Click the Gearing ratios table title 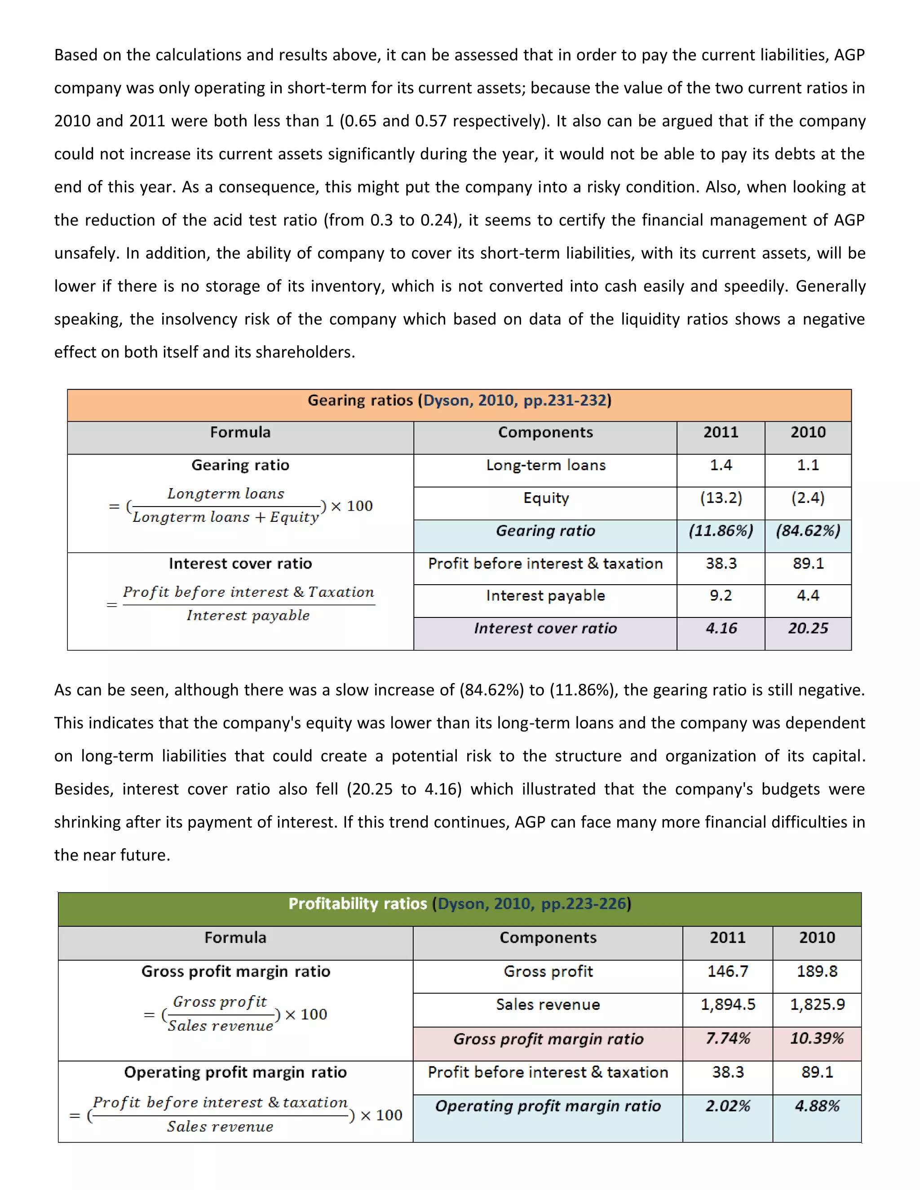click(459, 401)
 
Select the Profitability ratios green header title click(459, 904)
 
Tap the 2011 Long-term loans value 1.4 click(721, 465)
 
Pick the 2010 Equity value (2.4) click(808, 498)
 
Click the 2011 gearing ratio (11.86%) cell click(721, 531)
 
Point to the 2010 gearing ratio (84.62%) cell click(808, 531)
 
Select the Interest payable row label click(545, 595)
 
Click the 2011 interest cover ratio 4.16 click(721, 628)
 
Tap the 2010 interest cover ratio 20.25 click(808, 628)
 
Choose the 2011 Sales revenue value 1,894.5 click(728, 1004)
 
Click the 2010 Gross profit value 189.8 click(816, 971)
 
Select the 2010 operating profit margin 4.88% click(816, 1106)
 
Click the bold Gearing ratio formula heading click(240, 465)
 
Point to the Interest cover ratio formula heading click(240, 564)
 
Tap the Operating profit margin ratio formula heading click(235, 1072)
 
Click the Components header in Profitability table click(548, 937)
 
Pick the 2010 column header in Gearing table click(808, 432)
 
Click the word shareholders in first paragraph click(303, 353)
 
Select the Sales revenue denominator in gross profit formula click(220, 1026)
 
